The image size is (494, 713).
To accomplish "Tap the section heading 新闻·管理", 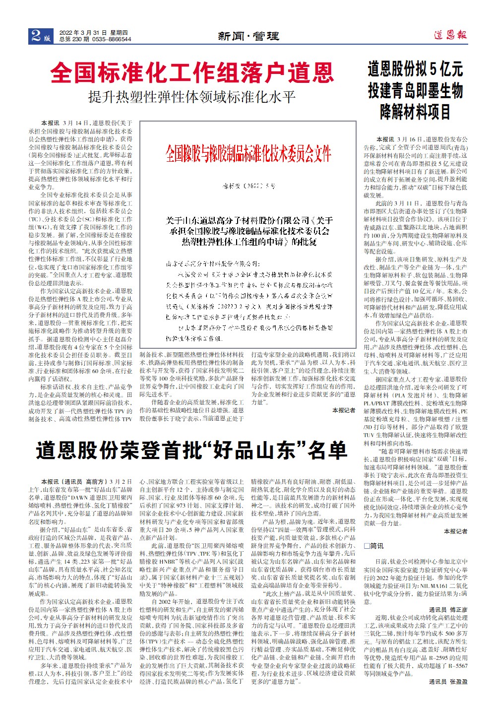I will pyautogui.click(x=248, y=36).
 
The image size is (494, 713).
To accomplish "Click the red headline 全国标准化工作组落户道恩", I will pyautogui.click(x=192, y=73).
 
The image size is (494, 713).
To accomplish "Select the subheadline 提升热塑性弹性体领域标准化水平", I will pyautogui.click(x=192, y=96).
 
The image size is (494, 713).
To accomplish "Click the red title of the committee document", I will pyautogui.click(x=248, y=154).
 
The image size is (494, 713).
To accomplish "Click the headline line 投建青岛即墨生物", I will pyautogui.click(x=415, y=90).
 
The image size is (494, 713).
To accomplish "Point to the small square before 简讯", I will pyautogui.click(x=367, y=546).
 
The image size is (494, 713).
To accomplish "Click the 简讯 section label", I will pyautogui.click(x=377, y=546).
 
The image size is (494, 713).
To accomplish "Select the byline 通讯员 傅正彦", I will pyautogui.click(x=448, y=609).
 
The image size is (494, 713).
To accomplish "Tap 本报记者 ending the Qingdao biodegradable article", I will pyautogui.click(x=455, y=531).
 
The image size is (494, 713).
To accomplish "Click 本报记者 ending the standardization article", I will pyautogui.click(x=343, y=410).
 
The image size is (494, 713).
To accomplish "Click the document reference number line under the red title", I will pyautogui.click(x=248, y=186).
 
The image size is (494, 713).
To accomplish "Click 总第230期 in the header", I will pyautogui.click(x=74, y=39).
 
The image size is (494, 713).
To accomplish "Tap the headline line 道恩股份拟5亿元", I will pyautogui.click(x=415, y=68).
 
